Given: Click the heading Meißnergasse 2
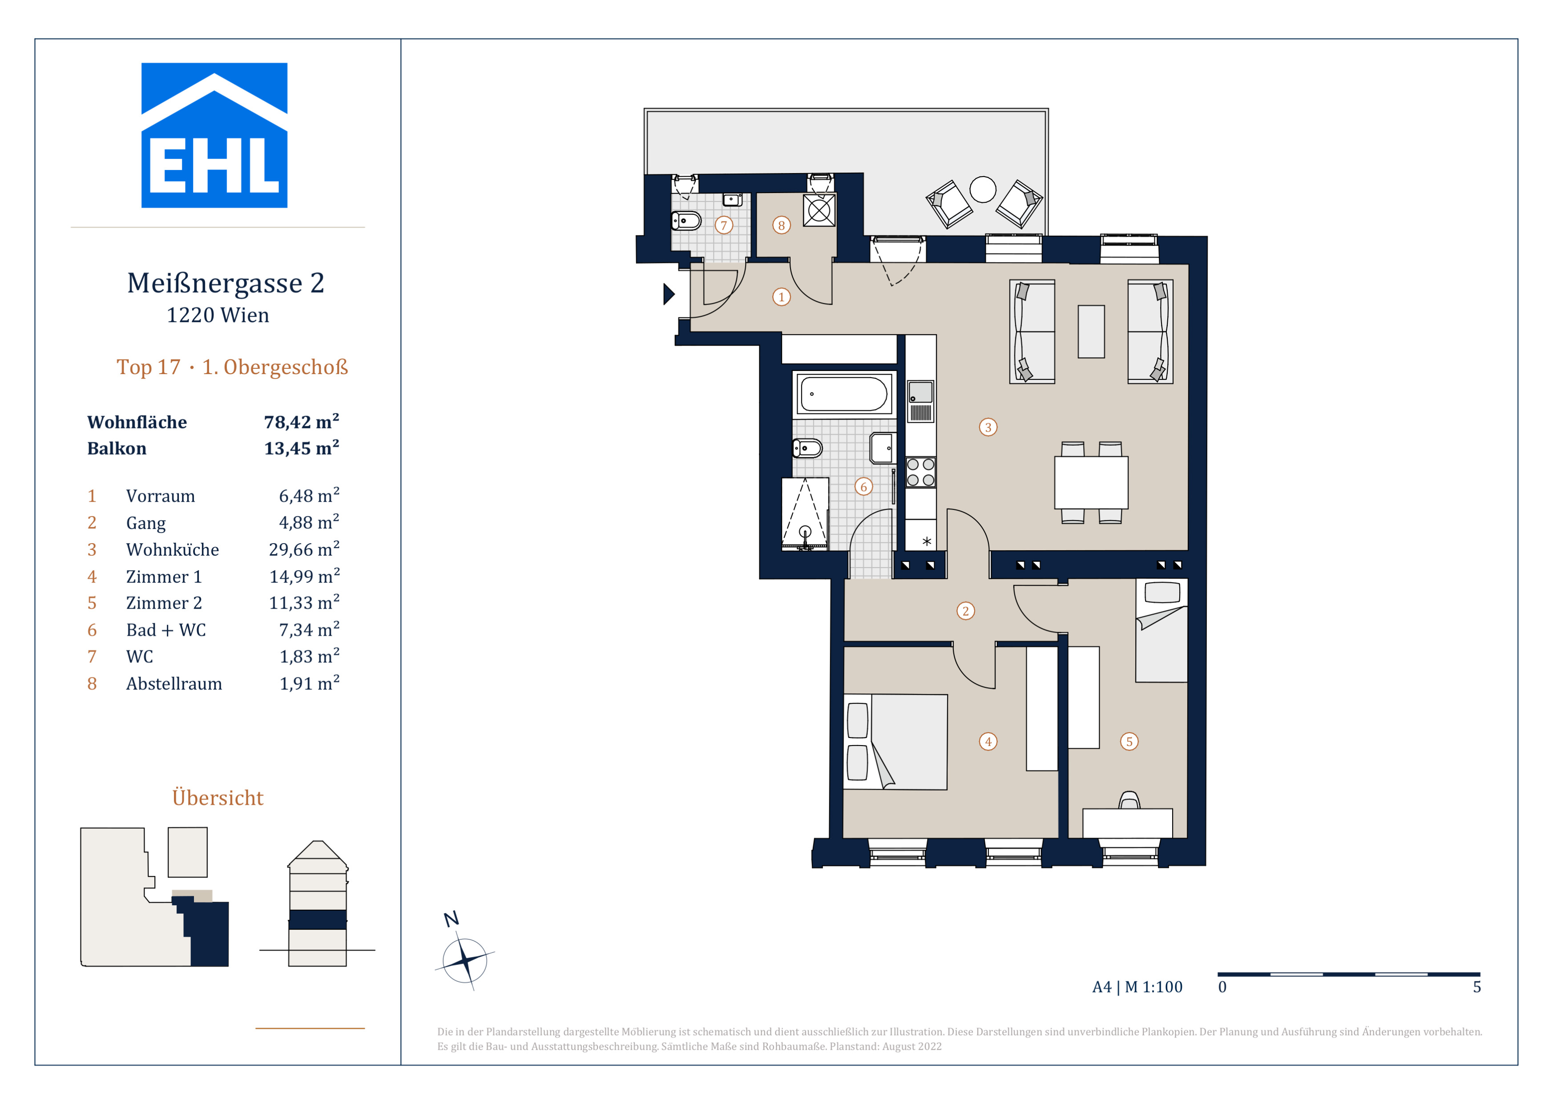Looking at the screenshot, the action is tap(226, 283).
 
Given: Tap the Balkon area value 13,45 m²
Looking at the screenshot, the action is tap(301, 448).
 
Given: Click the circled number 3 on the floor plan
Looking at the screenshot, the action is tap(988, 427).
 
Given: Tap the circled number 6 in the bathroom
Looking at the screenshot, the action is tap(863, 486).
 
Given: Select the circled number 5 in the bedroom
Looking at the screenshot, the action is tap(1129, 741).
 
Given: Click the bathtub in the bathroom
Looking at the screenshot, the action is tap(843, 394).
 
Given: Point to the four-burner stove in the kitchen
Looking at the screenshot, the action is tap(920, 472).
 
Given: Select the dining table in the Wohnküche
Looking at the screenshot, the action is tap(1091, 482).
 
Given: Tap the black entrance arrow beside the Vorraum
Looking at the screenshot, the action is tap(669, 294).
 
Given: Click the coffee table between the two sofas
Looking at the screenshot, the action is tap(1091, 331).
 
